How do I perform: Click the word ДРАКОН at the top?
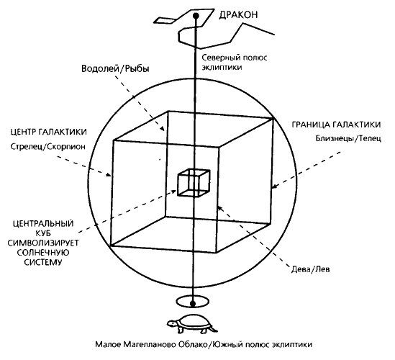238,15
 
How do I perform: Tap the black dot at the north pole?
196,16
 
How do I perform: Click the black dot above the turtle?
193,303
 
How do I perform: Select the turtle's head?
172,323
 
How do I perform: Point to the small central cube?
194,183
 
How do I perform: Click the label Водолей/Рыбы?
115,69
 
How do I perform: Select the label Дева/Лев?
311,269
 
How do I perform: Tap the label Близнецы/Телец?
348,138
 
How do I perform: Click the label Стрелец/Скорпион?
48,147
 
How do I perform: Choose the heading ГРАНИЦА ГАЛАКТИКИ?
336,125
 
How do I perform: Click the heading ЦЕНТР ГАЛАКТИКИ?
49,132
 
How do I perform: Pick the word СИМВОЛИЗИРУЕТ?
43,243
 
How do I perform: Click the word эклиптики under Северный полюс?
222,68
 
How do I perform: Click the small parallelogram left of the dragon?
165,20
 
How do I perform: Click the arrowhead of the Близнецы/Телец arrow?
275,186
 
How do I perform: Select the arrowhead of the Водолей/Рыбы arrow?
163,129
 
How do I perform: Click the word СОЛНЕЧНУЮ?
43,253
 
